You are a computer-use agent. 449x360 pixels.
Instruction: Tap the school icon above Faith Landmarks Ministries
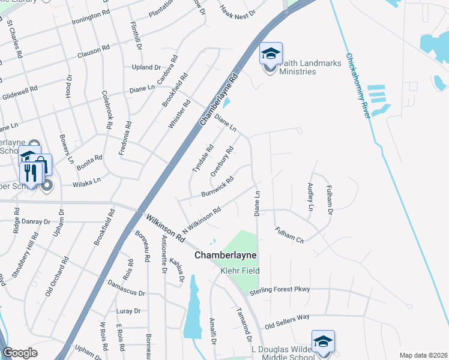coord(271,53)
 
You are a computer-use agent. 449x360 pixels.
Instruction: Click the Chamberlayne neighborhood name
coord(225,255)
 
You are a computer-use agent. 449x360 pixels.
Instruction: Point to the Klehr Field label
coord(239,271)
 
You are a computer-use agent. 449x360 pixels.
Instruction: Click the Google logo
coord(20,353)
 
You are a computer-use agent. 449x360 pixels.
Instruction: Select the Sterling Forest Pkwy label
coord(280,289)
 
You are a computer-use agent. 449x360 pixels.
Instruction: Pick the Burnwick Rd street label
coord(217,187)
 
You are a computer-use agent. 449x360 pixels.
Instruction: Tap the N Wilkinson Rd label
coord(202,220)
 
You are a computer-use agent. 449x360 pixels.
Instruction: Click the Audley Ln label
coord(310,197)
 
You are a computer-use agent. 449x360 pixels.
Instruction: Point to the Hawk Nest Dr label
coord(238,10)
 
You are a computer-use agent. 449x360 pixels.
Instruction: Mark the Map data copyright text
coord(423,355)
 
